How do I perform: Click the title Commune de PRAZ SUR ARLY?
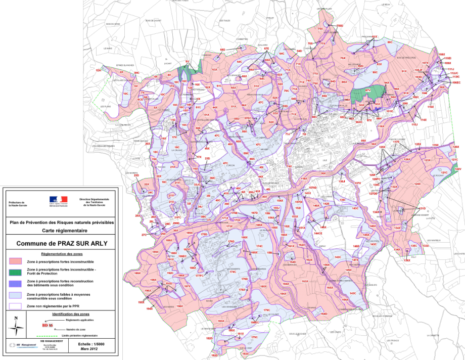click(62, 243)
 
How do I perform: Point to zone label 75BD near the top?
click(340, 25)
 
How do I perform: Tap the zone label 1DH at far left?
click(99, 71)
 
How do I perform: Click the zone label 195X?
click(141, 302)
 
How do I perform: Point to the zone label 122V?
click(458, 169)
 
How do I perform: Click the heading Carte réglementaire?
click(62, 230)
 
